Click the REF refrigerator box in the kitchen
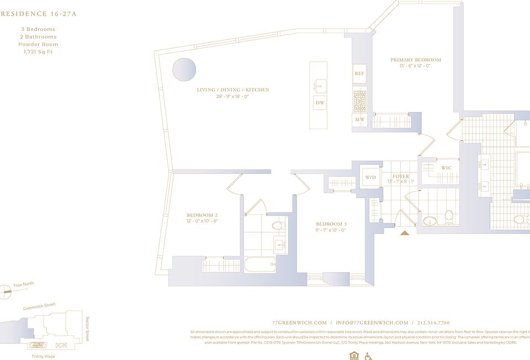click(x=359, y=73)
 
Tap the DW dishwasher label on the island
click(x=320, y=103)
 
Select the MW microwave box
click(x=359, y=119)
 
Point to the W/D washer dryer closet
click(x=369, y=177)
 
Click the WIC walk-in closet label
click(x=446, y=168)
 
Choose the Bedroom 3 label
click(x=331, y=224)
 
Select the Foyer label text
click(x=401, y=177)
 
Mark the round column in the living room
click(x=184, y=70)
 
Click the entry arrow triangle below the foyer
click(x=405, y=234)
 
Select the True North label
click(x=24, y=284)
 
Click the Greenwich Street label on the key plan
click(x=39, y=307)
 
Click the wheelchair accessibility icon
click(x=368, y=356)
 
